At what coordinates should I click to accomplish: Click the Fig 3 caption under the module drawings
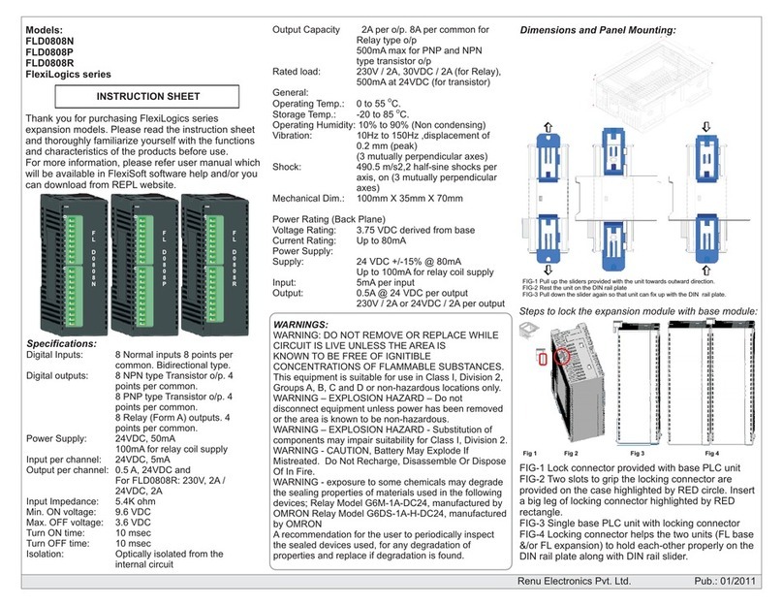tap(637, 454)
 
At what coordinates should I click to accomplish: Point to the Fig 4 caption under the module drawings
tap(712, 454)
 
